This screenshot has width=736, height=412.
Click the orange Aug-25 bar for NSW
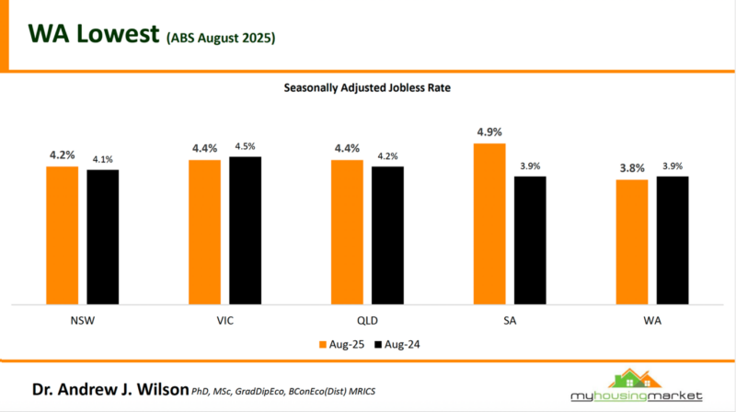[63, 235]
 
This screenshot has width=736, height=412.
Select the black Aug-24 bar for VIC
[245, 230]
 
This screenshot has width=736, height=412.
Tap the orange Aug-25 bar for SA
[489, 223]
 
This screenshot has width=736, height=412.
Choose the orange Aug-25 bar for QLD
[347, 232]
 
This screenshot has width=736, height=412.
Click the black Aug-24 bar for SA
[530, 239]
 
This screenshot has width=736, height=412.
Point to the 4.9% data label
[490, 132]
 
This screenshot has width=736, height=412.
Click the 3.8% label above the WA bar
[632, 169]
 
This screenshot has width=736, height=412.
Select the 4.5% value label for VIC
[246, 146]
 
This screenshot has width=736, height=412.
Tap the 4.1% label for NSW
[103, 159]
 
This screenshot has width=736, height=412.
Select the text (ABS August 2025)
[221, 39]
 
